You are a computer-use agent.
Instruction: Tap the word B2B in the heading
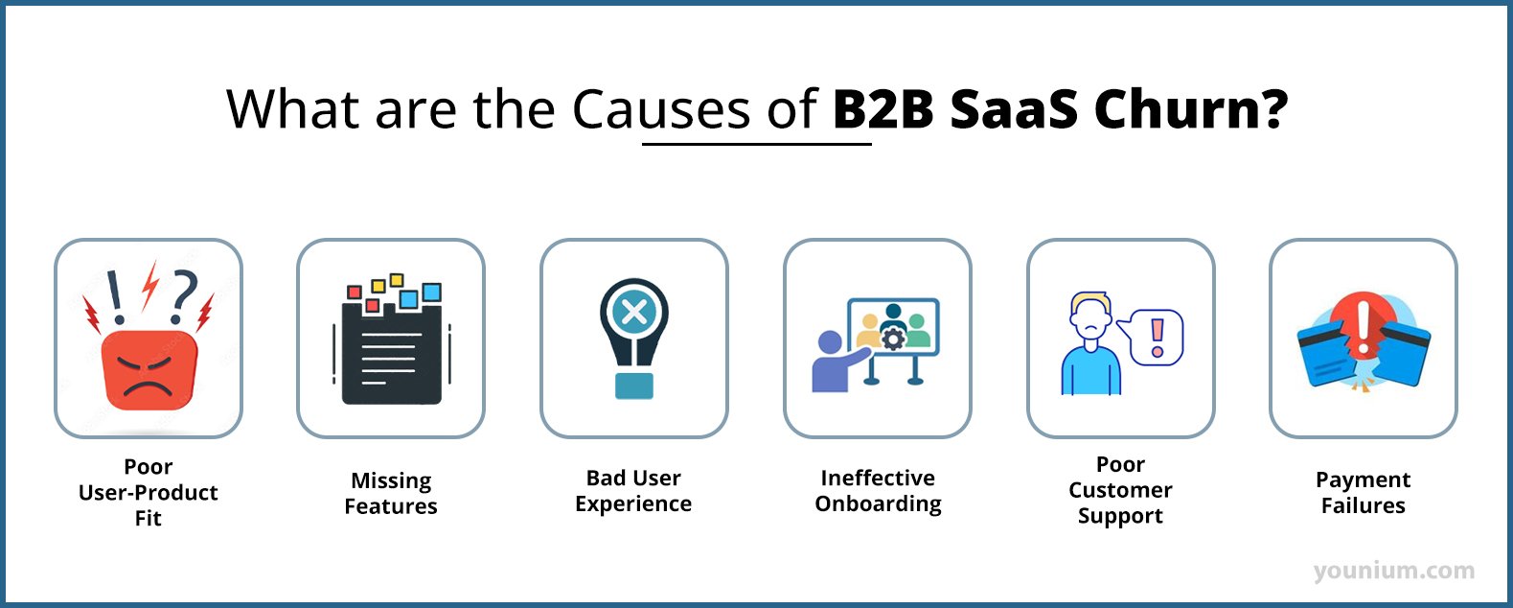pyautogui.click(x=883, y=109)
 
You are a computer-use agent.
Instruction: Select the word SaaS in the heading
pyautogui.click(x=1014, y=109)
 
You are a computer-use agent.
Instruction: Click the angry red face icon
pyautogui.click(x=149, y=370)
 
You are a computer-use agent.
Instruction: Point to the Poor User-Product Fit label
pyautogui.click(x=149, y=492)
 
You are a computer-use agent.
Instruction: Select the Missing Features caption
pyautogui.click(x=391, y=493)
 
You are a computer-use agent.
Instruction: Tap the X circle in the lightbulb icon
pyautogui.click(x=633, y=311)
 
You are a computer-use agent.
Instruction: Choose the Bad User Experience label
pyautogui.click(x=633, y=491)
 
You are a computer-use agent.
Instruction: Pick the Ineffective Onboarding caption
pyautogui.click(x=878, y=491)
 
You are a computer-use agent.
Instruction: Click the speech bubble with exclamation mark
pyautogui.click(x=1157, y=337)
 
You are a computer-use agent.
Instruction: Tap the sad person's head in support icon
pyautogui.click(x=1090, y=316)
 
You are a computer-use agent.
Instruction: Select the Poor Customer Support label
pyautogui.click(x=1120, y=490)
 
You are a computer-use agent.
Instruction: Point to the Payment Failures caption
pyautogui.click(x=1363, y=493)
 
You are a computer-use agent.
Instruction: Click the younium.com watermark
pyautogui.click(x=1394, y=572)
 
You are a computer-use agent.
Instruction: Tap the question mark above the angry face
pyautogui.click(x=183, y=293)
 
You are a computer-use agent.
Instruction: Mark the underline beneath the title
pyautogui.click(x=756, y=145)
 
